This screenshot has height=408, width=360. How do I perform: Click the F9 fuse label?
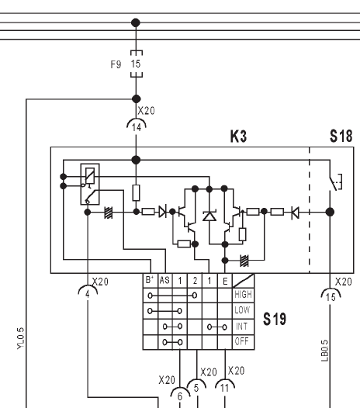coord(116,64)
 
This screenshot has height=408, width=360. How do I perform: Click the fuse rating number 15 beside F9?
coord(136,64)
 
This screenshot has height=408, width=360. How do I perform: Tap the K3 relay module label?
coord(238,137)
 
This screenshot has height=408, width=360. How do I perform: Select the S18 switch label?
coord(341,136)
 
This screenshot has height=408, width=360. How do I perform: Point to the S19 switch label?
coord(275,319)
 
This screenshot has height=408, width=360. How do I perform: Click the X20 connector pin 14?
coord(137,127)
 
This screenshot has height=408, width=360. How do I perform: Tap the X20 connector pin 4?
coord(88,294)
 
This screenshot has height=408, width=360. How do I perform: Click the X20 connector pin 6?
coord(180,396)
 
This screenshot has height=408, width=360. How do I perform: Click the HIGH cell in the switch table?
coord(243,295)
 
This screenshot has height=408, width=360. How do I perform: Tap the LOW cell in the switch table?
coord(243,310)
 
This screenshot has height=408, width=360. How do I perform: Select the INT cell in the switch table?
coord(243,327)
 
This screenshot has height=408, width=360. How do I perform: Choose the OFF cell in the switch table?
coord(243,341)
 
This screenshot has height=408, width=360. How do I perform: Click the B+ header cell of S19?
coord(151,280)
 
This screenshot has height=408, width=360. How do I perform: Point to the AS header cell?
coord(165,280)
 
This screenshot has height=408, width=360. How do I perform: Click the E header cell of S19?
coord(225,281)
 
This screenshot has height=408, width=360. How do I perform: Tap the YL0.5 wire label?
coord(21,338)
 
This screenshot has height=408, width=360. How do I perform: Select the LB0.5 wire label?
coord(324,351)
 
